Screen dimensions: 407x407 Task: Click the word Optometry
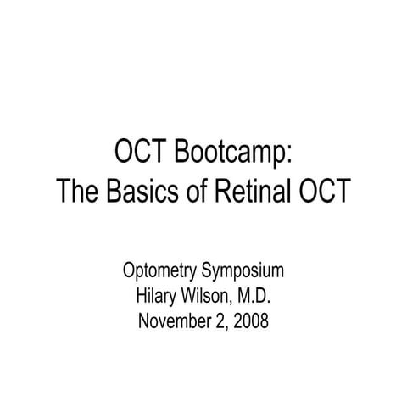pos(159,273)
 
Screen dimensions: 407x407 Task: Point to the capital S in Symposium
pos(206,273)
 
